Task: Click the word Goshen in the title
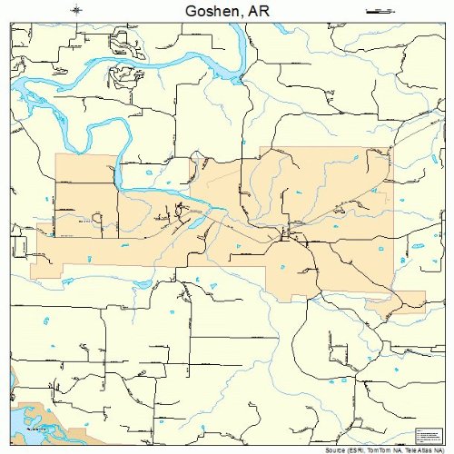[x=211, y=11]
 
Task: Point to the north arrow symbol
[x=77, y=10]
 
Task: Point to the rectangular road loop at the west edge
[x=18, y=245]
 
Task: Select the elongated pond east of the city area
[x=418, y=245]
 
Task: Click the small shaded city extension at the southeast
[x=409, y=302]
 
